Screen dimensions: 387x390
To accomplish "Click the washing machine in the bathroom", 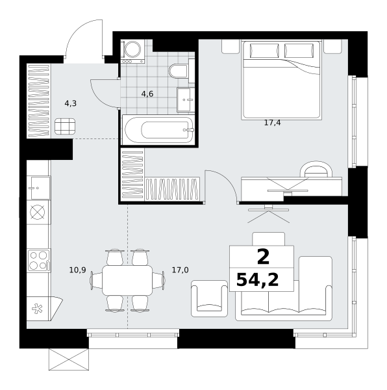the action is coord(132,52).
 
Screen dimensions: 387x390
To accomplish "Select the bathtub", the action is coord(158,129).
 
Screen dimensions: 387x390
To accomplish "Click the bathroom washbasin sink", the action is coord(186,99).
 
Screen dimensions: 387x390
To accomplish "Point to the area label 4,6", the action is coord(147,94).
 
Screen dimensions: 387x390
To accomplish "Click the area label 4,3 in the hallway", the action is coord(71,103).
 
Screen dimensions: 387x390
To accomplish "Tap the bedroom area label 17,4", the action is coord(272,123).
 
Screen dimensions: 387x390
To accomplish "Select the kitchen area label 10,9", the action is coord(77,270).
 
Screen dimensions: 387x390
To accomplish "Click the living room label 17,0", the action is coord(181,270).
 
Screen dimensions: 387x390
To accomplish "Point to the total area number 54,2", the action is coord(257,279).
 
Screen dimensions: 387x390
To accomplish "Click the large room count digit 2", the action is coord(263,257).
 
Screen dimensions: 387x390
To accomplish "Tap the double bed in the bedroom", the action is coord(281,79).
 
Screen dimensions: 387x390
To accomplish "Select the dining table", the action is coord(127,280).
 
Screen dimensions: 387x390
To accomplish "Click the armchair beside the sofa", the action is coord(209,298).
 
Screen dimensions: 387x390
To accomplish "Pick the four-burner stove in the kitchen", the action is coord(38,261).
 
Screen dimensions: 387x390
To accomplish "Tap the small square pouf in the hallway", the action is coord(65,126).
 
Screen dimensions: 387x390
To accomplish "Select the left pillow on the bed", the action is coord(264,51).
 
